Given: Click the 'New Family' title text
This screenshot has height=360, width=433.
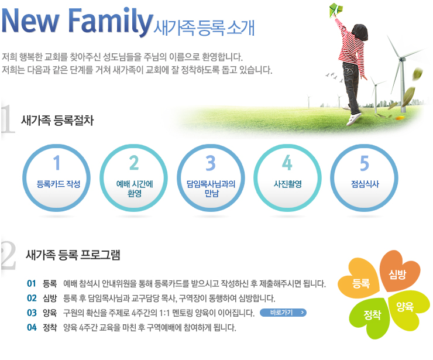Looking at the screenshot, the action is pyautogui.click(x=77, y=22).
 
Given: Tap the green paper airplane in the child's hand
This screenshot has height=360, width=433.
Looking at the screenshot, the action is pyautogui.click(x=336, y=10).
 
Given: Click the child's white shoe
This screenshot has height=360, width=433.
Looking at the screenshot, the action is pyautogui.click(x=354, y=118).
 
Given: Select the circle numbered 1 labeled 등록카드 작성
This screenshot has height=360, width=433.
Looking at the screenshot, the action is pyautogui.click(x=56, y=178).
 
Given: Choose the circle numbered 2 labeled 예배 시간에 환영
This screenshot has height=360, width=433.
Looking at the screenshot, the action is pyautogui.click(x=133, y=178).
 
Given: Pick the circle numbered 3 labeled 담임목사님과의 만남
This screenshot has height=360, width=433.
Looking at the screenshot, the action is pyautogui.click(x=211, y=178).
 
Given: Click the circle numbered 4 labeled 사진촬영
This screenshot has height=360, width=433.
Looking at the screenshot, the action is pyautogui.click(x=287, y=178).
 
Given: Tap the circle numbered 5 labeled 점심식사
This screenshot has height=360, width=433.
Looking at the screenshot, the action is pyautogui.click(x=364, y=178).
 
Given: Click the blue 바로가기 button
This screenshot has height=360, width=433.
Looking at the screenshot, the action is pyautogui.click(x=283, y=313).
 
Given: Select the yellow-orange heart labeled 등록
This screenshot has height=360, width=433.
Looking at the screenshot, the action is pyautogui.click(x=359, y=279).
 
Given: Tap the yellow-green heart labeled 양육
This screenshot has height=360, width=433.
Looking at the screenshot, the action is pyautogui.click(x=407, y=310).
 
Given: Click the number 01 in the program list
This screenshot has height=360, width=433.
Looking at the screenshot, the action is pyautogui.click(x=32, y=283).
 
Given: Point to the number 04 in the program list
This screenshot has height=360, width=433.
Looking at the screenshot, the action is pyautogui.click(x=32, y=327).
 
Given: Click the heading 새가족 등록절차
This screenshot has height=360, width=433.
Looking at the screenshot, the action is pyautogui.click(x=57, y=121).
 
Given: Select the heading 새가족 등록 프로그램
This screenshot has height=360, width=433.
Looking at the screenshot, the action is pyautogui.click(x=73, y=255).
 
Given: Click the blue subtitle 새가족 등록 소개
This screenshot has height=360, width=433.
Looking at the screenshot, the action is pyautogui.click(x=204, y=28).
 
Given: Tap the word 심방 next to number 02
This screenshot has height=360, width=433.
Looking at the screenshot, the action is pyautogui.click(x=50, y=298).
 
